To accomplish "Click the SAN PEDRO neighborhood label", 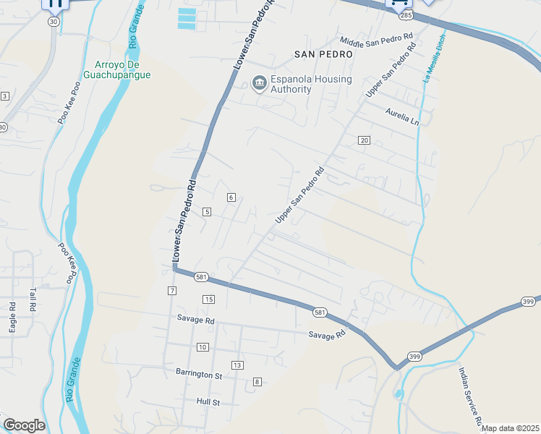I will point(323,54).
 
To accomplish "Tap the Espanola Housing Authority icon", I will point(259,84).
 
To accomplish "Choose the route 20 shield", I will point(364,140).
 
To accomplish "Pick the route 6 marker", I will point(231,197).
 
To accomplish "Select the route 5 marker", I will point(207,211).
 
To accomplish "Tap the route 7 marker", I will point(171,291).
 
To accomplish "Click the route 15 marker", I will point(208,299).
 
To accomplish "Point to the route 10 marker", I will point(203,347).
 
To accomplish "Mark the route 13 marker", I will point(237,365).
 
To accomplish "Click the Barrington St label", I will point(198,375).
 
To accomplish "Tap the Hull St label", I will point(208,401).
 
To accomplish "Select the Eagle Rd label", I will point(13,318).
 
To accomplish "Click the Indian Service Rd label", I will point(469,396).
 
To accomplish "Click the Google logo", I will point(24,425).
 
